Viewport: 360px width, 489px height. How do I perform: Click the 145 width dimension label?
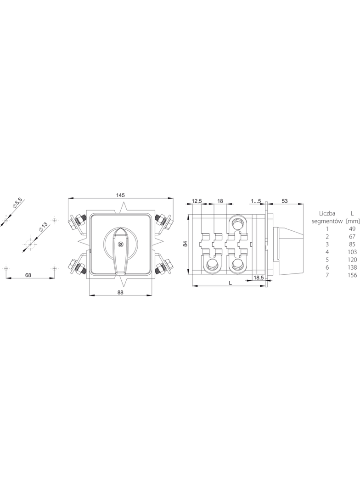click(x=120, y=195)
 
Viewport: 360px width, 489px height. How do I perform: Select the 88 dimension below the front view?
click(x=120, y=292)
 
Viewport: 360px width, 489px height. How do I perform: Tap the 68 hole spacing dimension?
click(x=28, y=275)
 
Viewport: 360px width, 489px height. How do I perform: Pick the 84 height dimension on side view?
click(x=185, y=243)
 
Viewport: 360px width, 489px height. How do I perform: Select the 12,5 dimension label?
click(x=197, y=201)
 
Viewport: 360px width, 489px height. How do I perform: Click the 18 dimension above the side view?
click(x=220, y=201)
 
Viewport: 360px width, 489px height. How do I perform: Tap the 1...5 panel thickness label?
click(x=256, y=201)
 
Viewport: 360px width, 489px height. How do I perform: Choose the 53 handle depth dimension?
click(x=284, y=201)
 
